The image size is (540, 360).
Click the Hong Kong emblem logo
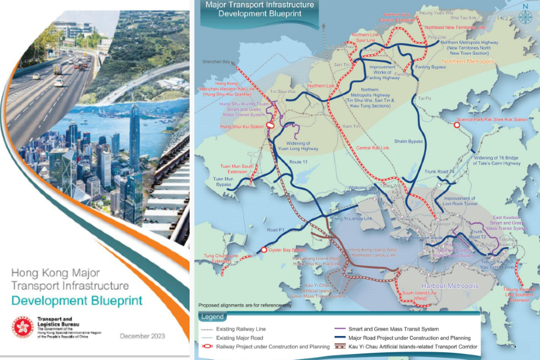point(23,327)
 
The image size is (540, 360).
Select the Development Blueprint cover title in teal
point(78,301)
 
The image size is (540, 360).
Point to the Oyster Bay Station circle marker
point(263,250)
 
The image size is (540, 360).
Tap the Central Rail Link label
point(373,147)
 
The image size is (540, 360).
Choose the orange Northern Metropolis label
point(467,62)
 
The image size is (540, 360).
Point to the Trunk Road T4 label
point(445,172)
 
